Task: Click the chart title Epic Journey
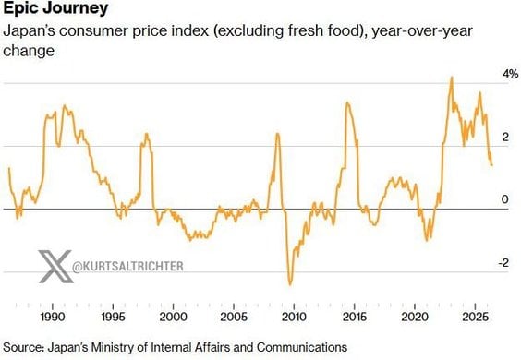[x=55, y=8]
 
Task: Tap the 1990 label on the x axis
[x=53, y=317]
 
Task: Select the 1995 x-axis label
[x=113, y=317]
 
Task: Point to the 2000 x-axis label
[x=173, y=317]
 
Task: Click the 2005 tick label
[x=234, y=317]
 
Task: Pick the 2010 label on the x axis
[x=294, y=317]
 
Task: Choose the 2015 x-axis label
[x=354, y=317]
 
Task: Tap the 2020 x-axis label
[x=415, y=317]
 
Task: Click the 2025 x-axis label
[x=475, y=317]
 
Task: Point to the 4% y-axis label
[x=510, y=74]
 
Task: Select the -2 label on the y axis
[x=503, y=263]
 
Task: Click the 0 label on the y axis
[x=505, y=199]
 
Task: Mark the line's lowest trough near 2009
[x=290, y=284]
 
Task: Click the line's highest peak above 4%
[x=452, y=78]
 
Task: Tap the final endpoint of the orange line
[x=491, y=165]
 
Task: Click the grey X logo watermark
[x=55, y=267]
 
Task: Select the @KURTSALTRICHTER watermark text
[x=127, y=266]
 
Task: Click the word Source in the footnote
[x=23, y=347]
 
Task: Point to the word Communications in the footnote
[x=302, y=347]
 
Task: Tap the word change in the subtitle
[x=29, y=52]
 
